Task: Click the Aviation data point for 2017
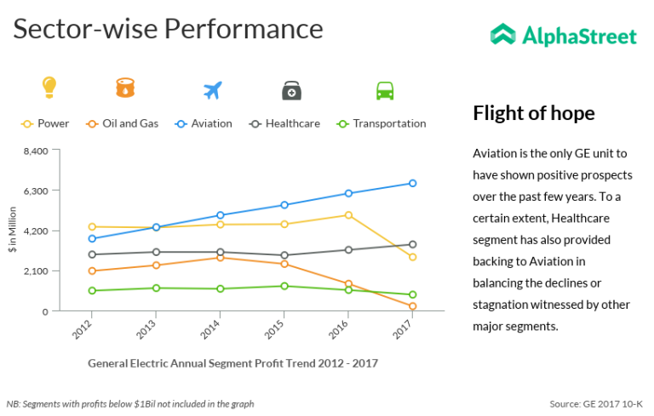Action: coord(412,183)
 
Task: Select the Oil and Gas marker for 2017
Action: coord(412,306)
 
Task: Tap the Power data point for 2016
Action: coord(348,215)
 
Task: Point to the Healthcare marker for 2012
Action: coord(91,254)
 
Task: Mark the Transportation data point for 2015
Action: coord(284,286)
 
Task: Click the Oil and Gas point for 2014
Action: coord(220,257)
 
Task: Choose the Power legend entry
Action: coord(46,123)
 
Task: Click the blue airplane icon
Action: coord(212,90)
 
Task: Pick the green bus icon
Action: coord(385,90)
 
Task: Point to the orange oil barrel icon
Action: coord(125,88)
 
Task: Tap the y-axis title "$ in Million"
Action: coord(13,230)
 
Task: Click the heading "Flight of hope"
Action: coord(534,113)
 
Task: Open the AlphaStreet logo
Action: coord(564,36)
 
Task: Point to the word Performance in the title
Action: coord(244,29)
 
